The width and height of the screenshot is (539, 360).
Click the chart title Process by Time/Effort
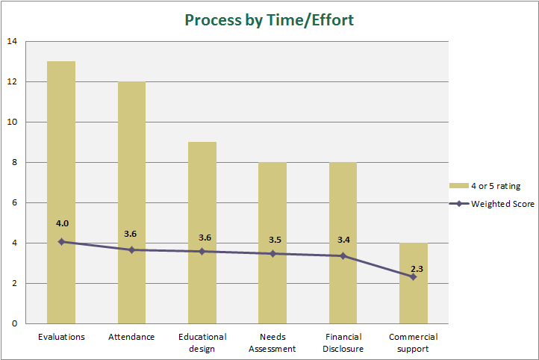point(269,20)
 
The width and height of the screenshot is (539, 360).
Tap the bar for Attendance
point(131,202)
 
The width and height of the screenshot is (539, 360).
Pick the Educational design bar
point(202,232)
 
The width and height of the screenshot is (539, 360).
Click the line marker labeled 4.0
point(61,242)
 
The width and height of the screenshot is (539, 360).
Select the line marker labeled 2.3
point(413,277)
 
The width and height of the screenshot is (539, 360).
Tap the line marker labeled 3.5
point(272,253)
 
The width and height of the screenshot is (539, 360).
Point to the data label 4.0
point(61,223)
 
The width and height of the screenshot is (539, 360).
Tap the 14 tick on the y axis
point(11,41)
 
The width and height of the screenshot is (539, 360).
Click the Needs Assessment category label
point(272,342)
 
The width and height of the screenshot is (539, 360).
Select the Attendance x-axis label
point(131,337)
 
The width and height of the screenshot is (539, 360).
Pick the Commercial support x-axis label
point(413,342)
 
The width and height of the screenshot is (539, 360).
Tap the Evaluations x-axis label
point(61,337)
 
